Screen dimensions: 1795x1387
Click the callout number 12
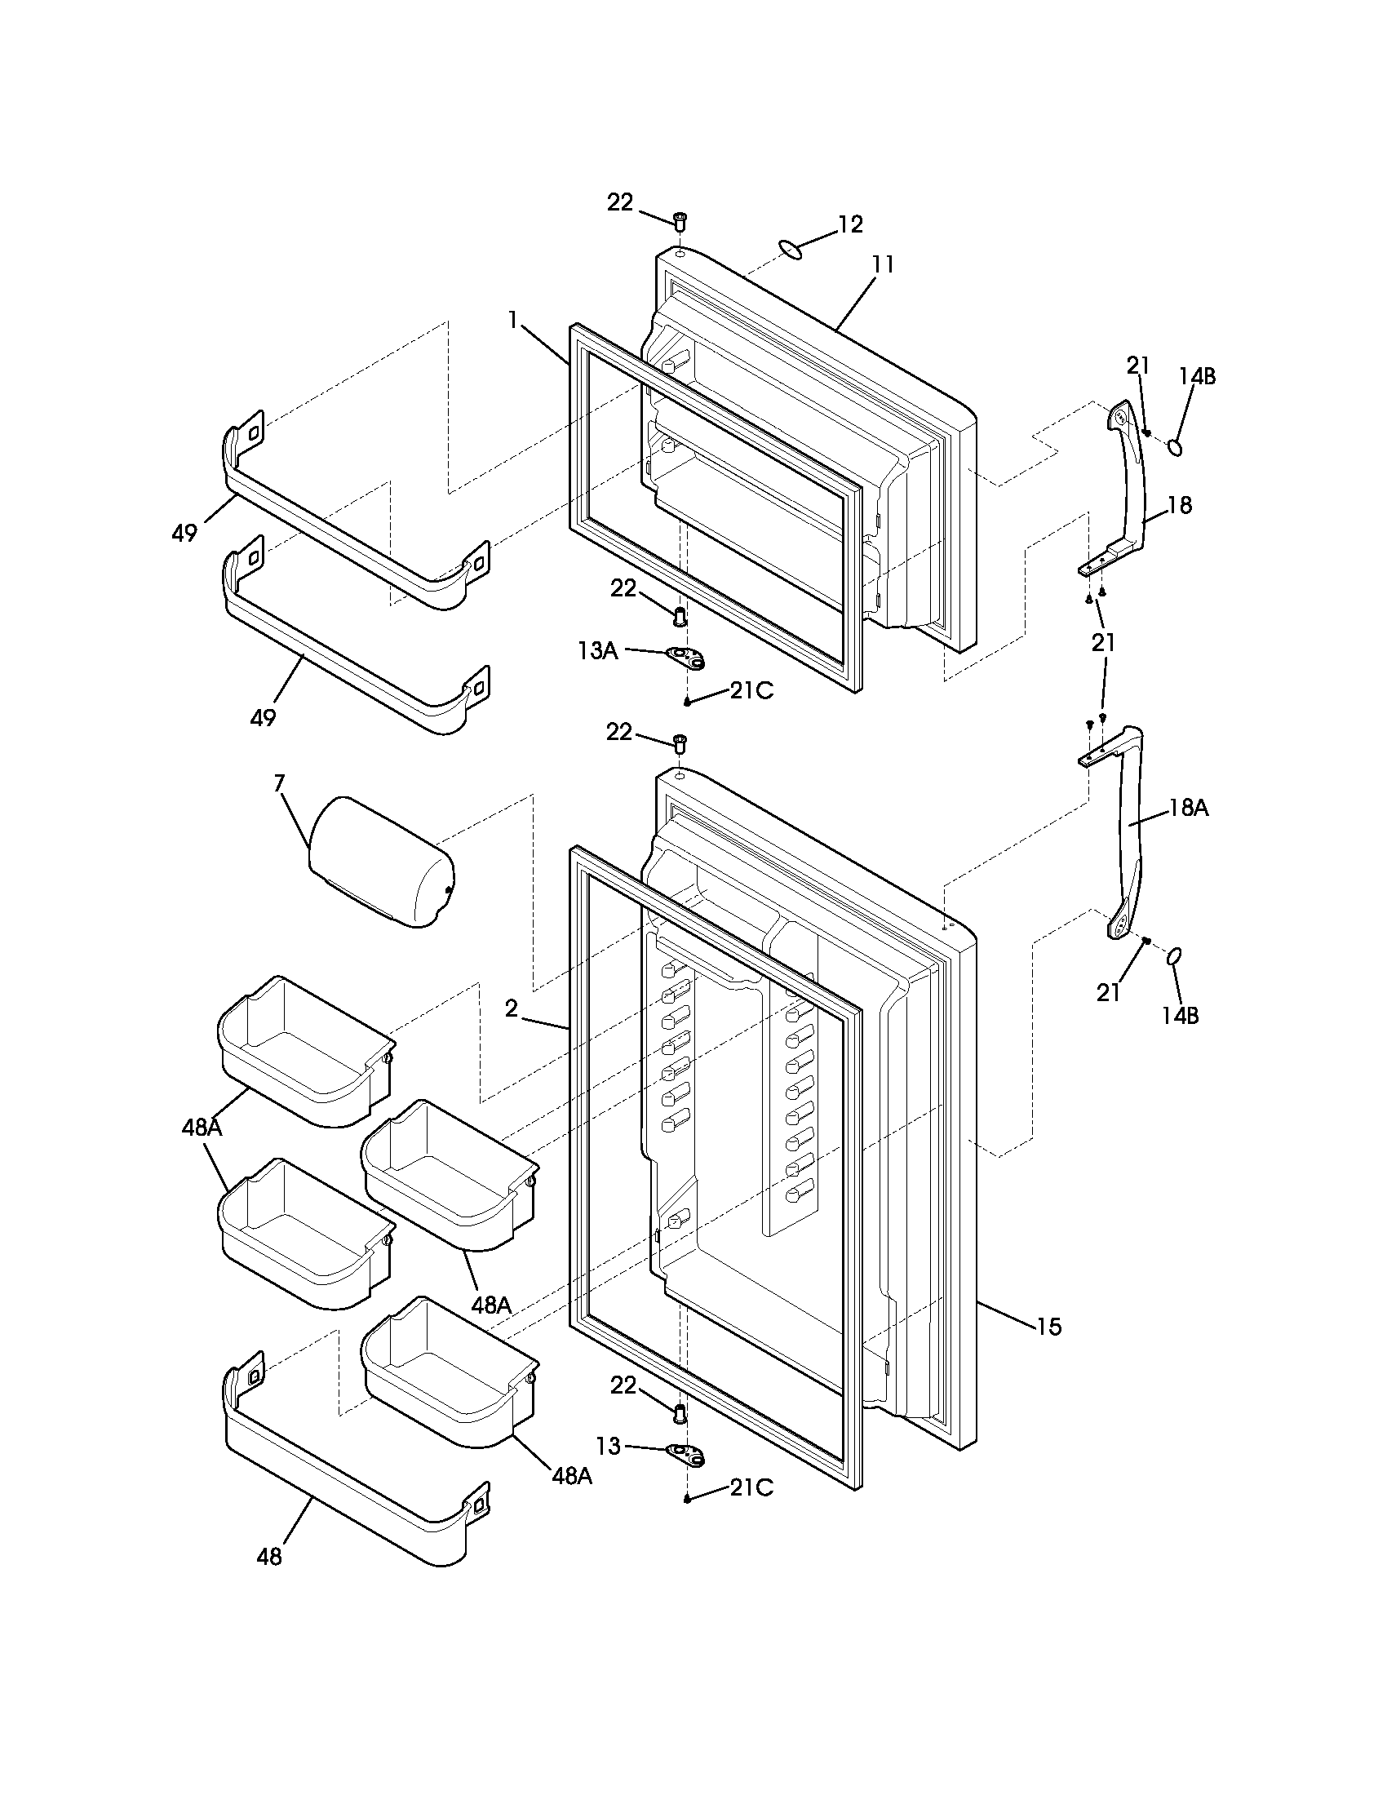(850, 224)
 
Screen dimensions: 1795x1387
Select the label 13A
(597, 651)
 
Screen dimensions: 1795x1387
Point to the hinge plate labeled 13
(687, 1454)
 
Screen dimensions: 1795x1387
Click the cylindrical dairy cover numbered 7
(380, 862)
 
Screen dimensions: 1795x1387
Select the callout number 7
(279, 783)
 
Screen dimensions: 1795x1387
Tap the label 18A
(1188, 808)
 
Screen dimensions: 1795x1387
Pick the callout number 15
(1049, 1326)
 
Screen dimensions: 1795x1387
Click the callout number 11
(883, 265)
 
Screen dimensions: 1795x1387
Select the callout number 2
(512, 1008)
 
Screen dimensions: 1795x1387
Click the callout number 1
(513, 321)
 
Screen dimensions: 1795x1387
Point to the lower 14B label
(1180, 1015)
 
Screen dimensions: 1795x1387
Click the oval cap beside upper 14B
(1176, 447)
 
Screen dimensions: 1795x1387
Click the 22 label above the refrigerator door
(619, 732)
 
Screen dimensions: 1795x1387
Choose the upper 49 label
(184, 533)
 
